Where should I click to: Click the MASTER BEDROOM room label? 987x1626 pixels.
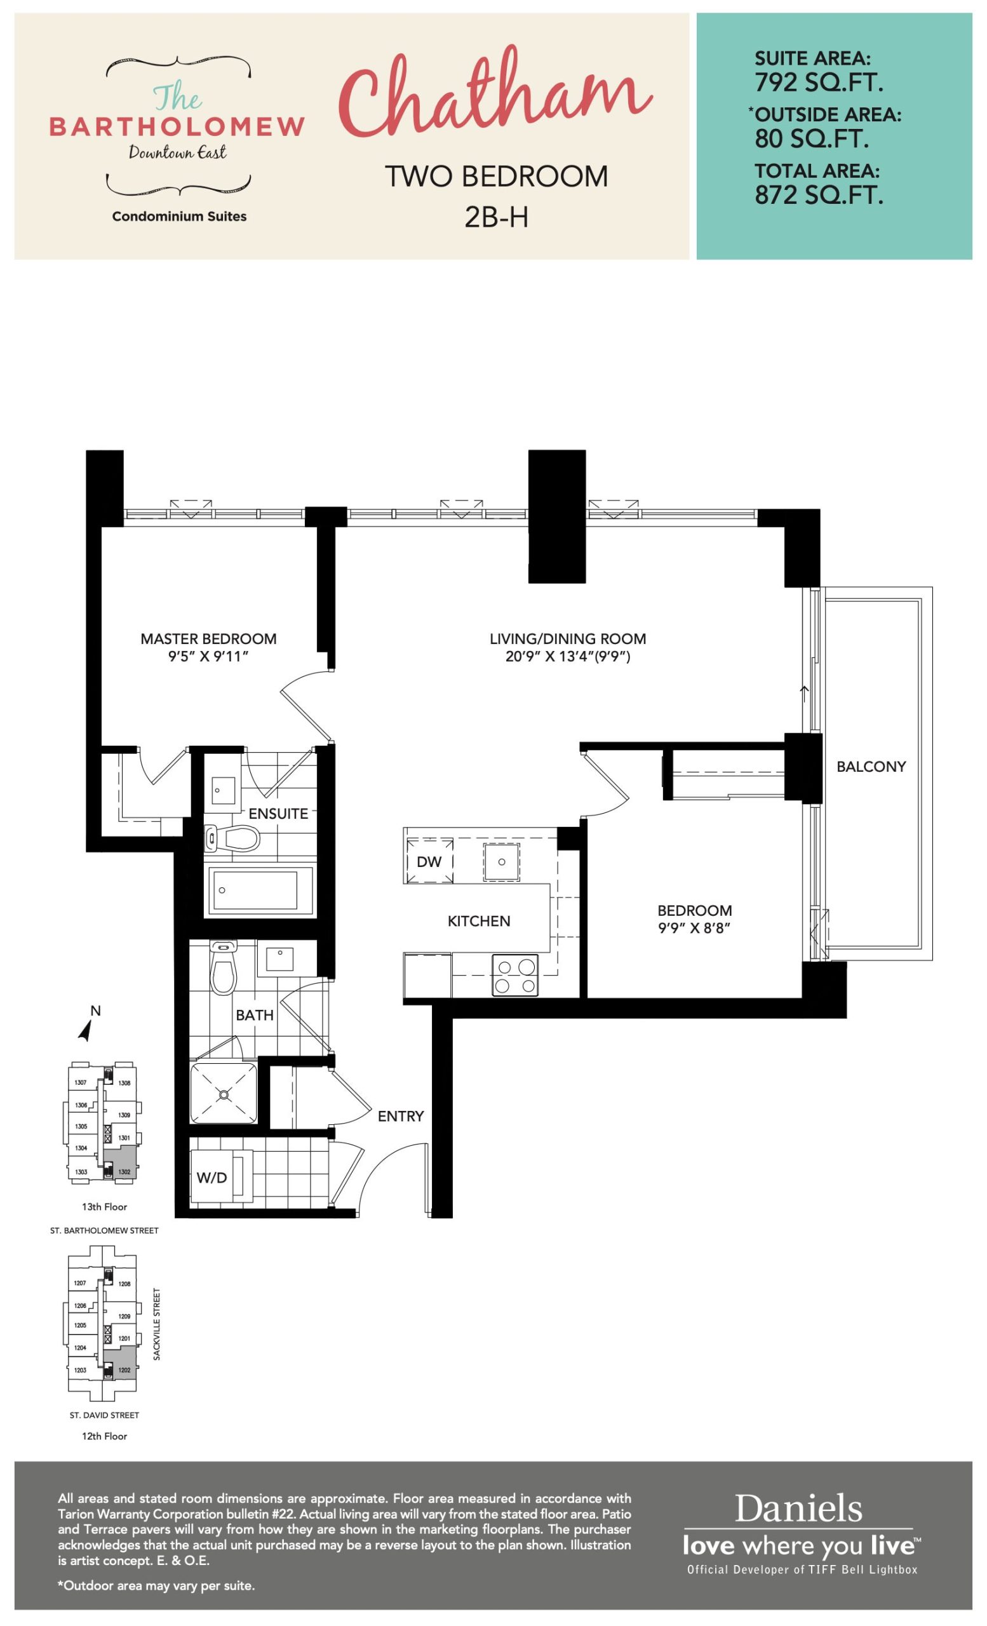pos(208,639)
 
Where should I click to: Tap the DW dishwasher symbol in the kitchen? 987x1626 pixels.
pos(429,861)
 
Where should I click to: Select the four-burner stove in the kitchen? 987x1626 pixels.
pos(514,976)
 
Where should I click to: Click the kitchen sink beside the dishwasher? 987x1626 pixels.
pos(501,862)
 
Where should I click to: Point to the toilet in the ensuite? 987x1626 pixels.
pos(232,839)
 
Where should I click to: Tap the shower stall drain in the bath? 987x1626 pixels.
pos(224,1095)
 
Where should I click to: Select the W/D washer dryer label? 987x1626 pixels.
pos(211,1178)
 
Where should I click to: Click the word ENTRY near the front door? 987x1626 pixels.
pos(401,1116)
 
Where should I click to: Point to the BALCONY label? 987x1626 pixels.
pos(871,767)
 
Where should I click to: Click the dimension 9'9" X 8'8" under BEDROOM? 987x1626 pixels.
pos(694,928)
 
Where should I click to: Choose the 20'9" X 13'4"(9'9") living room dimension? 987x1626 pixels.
pos(568,657)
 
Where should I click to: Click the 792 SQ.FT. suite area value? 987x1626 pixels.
pos(819,83)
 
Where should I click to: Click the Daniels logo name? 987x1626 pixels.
pos(798,1508)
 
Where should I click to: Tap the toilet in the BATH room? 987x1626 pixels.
pos(223,967)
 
